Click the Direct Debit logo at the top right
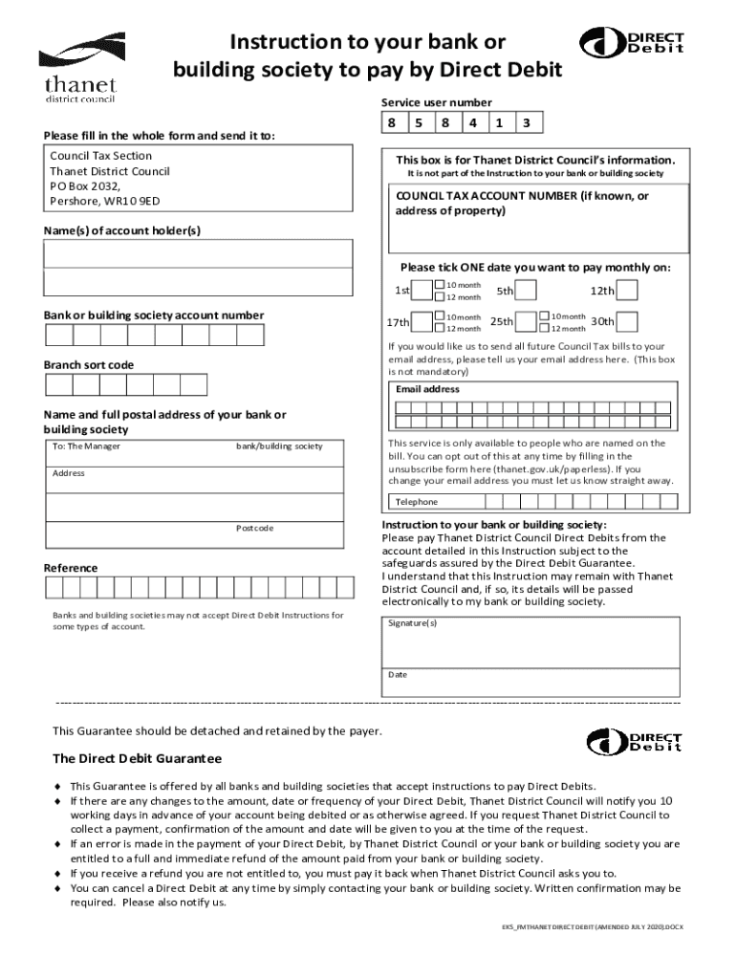point(632,43)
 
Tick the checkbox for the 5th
point(527,291)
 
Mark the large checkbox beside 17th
point(422,322)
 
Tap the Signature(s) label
point(413,623)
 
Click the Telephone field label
point(416,502)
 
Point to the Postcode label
point(254,529)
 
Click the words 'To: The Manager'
point(86,446)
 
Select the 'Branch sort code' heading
point(89,365)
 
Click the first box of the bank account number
point(59,335)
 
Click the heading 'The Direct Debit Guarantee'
point(137,758)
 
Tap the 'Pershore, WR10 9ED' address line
point(105,202)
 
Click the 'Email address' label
point(427,389)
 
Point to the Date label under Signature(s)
point(398,675)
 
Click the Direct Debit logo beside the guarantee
point(634,740)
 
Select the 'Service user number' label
point(436,102)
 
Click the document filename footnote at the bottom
point(593,927)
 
